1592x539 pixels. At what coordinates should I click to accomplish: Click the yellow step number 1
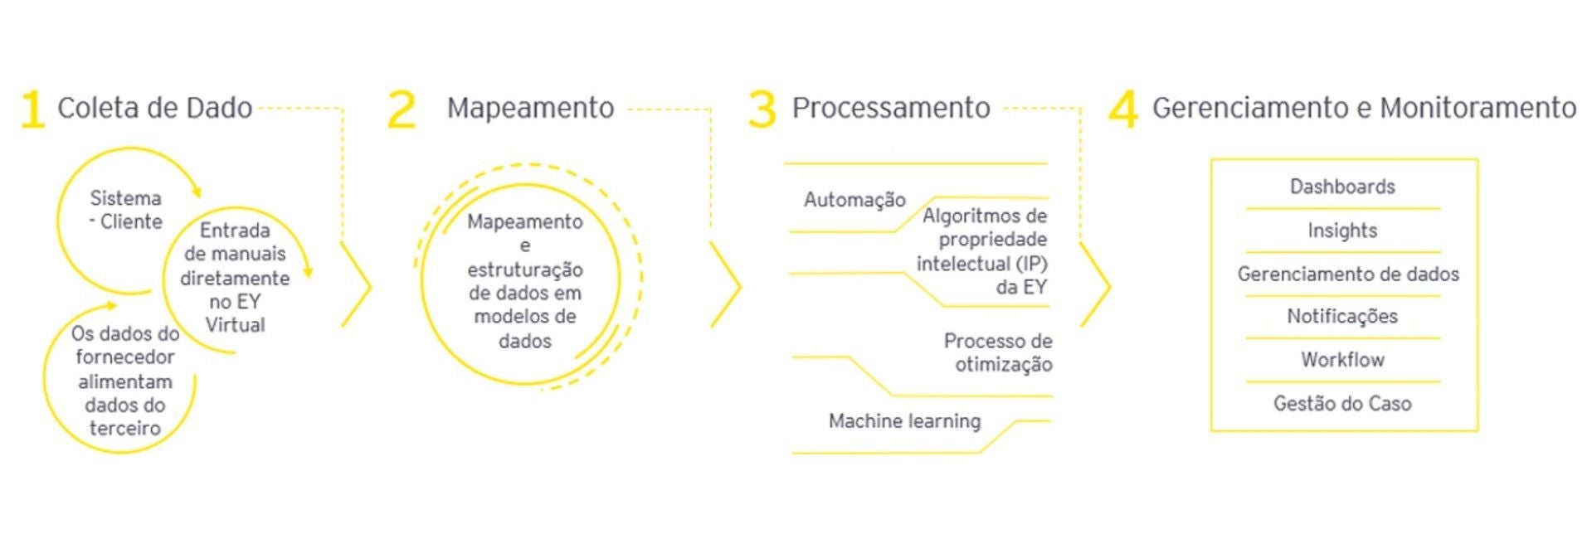pyautogui.click(x=32, y=109)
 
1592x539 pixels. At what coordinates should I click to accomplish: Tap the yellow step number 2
pyautogui.click(x=402, y=109)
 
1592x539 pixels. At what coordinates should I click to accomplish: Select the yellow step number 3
pyautogui.click(x=762, y=109)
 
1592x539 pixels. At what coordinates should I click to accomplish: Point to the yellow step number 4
pyautogui.click(x=1123, y=109)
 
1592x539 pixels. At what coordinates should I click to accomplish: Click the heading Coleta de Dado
pyautogui.click(x=154, y=108)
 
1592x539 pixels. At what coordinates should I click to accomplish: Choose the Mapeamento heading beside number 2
pyautogui.click(x=530, y=108)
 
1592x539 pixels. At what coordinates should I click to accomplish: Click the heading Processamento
pyautogui.click(x=890, y=108)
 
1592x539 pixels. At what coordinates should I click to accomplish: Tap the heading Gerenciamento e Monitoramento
pyautogui.click(x=1364, y=108)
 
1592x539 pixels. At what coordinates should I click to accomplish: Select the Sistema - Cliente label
pyautogui.click(x=126, y=210)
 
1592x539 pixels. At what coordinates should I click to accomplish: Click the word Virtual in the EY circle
pyautogui.click(x=235, y=325)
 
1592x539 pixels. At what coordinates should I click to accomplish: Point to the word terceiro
pyautogui.click(x=125, y=429)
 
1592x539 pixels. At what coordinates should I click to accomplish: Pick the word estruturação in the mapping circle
pyautogui.click(x=524, y=269)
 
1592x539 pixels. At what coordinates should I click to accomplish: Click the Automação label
pyautogui.click(x=854, y=200)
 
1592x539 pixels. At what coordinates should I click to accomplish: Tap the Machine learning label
pyautogui.click(x=904, y=421)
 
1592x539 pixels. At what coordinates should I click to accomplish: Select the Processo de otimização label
pyautogui.click(x=998, y=352)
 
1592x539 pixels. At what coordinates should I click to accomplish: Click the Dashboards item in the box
pyautogui.click(x=1341, y=187)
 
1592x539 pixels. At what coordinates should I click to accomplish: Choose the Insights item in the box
pyautogui.click(x=1341, y=231)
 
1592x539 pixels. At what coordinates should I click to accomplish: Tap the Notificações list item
pyautogui.click(x=1341, y=316)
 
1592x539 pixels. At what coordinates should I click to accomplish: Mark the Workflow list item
pyautogui.click(x=1341, y=360)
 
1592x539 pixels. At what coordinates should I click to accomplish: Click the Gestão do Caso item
pyautogui.click(x=1341, y=404)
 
